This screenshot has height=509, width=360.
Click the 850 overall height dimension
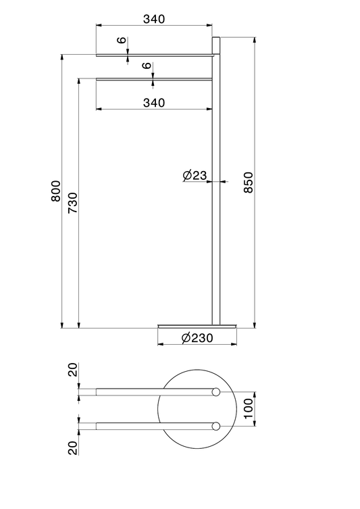248,183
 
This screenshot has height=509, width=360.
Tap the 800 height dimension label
56,191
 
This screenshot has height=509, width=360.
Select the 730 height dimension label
73,203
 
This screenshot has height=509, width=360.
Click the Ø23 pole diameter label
195,176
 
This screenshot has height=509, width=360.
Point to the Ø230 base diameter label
197,338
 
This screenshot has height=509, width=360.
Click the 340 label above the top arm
154,19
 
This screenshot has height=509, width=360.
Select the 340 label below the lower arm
154,103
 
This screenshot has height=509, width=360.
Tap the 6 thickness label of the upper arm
122,41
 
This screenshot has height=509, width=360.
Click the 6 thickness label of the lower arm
147,66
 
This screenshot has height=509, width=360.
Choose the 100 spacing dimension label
248,409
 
